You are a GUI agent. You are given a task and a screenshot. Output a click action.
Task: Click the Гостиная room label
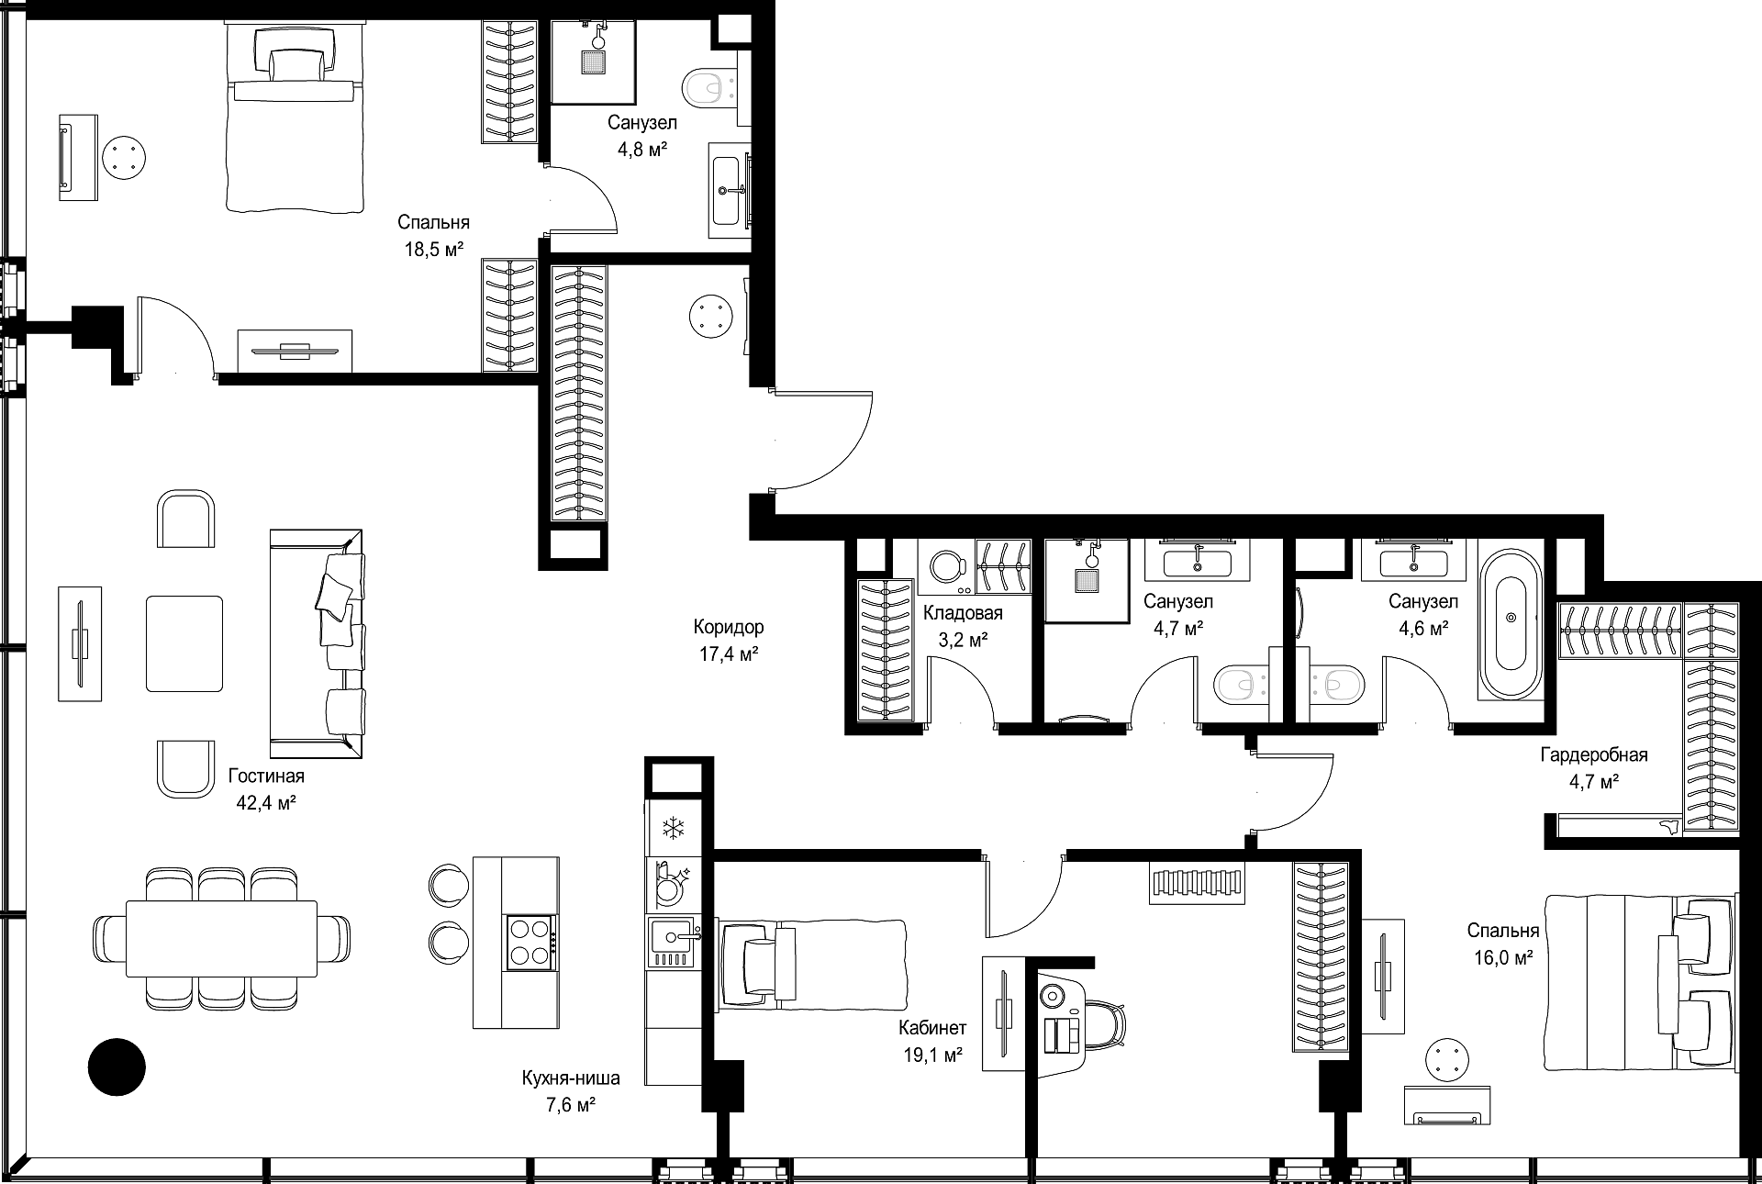click(x=266, y=776)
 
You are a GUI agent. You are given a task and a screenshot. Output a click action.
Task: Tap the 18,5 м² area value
click(x=433, y=249)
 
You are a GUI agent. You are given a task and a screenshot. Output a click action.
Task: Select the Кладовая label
click(x=963, y=613)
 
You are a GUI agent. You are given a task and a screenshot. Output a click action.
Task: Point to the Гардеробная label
click(x=1594, y=755)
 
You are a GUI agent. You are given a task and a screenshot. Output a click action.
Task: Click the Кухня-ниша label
click(x=571, y=1078)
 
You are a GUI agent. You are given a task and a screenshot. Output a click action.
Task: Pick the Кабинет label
click(x=932, y=1029)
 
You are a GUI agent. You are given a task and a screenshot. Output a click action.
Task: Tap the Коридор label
click(x=729, y=628)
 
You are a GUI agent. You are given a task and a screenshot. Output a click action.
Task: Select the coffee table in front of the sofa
click(x=184, y=643)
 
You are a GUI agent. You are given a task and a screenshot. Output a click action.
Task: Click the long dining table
click(x=221, y=940)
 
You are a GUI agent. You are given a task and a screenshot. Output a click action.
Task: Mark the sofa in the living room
click(x=317, y=643)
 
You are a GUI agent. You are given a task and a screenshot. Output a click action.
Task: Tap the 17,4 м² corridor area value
click(x=729, y=654)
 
